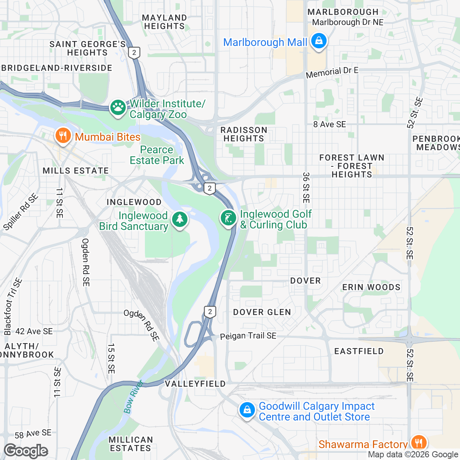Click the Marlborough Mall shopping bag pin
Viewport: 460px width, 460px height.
click(318, 41)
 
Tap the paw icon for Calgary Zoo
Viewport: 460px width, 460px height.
click(118, 108)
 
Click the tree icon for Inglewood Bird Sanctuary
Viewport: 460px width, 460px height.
click(179, 220)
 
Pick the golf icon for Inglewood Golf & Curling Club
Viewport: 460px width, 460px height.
click(228, 219)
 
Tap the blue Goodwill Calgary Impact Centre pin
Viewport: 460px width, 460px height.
click(247, 410)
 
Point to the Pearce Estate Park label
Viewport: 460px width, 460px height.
click(157, 155)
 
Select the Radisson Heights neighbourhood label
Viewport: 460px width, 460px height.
click(244, 134)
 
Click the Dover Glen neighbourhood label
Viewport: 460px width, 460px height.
click(262, 312)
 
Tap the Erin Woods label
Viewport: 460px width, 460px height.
click(371, 287)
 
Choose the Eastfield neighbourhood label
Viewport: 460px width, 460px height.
click(359, 351)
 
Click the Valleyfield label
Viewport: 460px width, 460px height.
click(195, 384)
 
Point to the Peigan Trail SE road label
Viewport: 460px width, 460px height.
click(248, 336)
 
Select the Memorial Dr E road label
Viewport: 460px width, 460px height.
click(332, 72)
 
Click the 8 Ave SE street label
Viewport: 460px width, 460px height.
click(329, 124)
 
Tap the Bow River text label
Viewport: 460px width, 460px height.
click(133, 397)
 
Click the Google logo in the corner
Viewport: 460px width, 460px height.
click(26, 451)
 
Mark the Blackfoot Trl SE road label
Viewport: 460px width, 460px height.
click(13, 307)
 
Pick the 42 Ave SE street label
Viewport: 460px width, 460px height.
click(34, 331)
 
